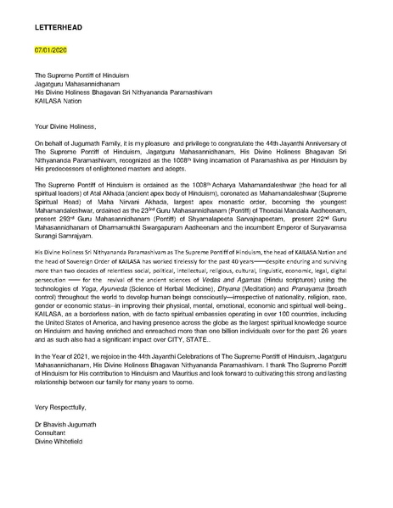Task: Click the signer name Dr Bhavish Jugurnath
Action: [x=71, y=455]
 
